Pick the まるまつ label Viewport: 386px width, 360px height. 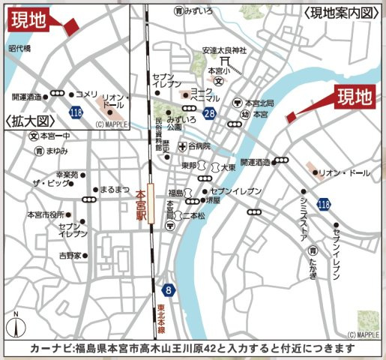pos(115,190)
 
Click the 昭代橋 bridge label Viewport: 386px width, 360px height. pos(19,48)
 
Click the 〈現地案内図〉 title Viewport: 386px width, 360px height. pos(337,11)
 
